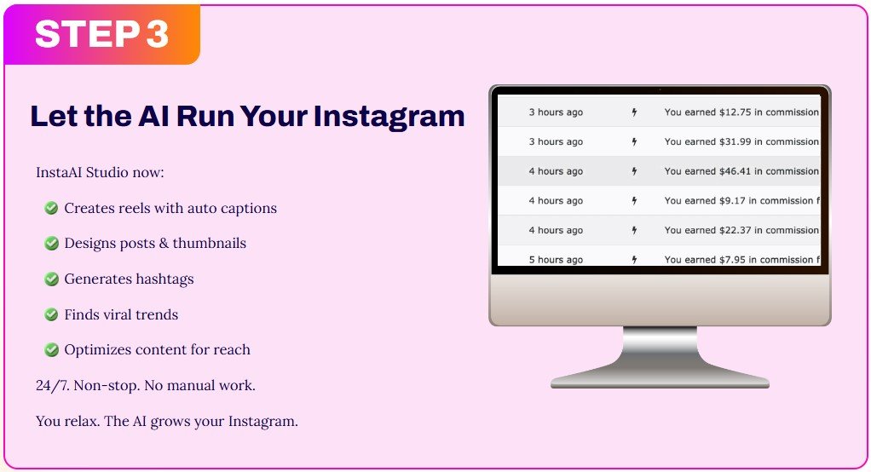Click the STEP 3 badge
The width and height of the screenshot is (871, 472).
[x=102, y=34]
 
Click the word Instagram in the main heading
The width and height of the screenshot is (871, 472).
[x=389, y=116]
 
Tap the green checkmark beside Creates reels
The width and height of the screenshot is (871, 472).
[x=51, y=208]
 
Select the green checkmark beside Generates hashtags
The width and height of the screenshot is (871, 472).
[x=51, y=279]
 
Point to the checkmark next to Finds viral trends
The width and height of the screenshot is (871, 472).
[x=51, y=314]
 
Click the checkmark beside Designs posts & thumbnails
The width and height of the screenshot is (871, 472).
[x=51, y=243]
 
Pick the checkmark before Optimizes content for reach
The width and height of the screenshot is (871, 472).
[x=51, y=349]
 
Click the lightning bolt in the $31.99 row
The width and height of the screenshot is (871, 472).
[x=634, y=141]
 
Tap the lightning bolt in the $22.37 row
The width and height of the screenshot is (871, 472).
[x=634, y=230]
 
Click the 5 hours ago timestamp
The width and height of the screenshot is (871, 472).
[x=556, y=260]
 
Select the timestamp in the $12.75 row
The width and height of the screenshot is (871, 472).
[x=556, y=112]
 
